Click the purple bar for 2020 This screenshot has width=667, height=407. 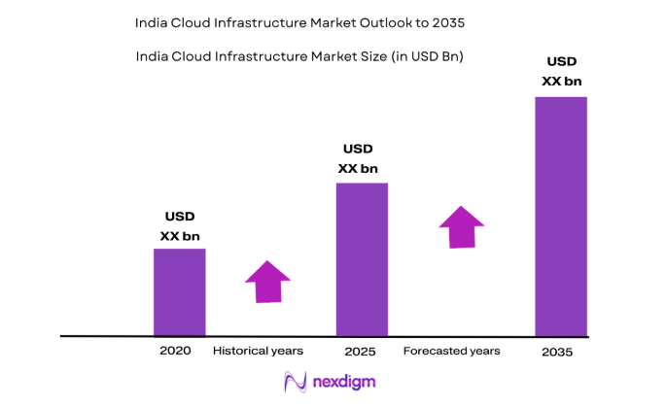tap(179, 291)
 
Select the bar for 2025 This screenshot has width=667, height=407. tap(362, 258)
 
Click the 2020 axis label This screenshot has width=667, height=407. tap(175, 351)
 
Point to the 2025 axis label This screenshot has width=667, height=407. tap(361, 351)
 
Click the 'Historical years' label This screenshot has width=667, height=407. tap(258, 351)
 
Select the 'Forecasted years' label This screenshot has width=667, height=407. tap(451, 351)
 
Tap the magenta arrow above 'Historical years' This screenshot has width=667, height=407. tap(267, 282)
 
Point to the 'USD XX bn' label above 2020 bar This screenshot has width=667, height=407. tap(180, 226)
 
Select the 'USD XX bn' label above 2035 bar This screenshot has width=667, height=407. tap(561, 71)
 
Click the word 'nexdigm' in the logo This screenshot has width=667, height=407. tap(344, 383)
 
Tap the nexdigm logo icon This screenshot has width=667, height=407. tap(296, 383)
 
